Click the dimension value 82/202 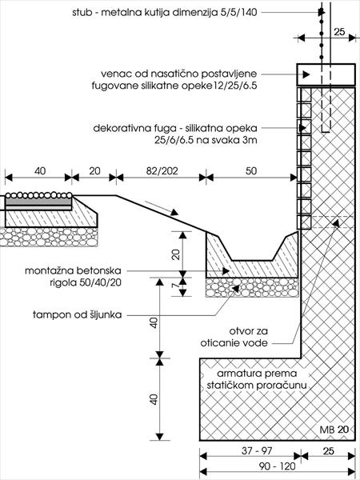(162, 171)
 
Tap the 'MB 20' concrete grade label (334, 430)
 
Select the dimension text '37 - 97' (257, 450)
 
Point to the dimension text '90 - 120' (278, 466)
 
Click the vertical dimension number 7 (175, 285)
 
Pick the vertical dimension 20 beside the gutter (175, 254)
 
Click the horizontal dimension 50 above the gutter (251, 171)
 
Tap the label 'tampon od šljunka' (77, 314)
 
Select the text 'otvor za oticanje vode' (234, 337)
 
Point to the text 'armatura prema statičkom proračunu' (257, 379)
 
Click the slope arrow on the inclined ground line (161, 208)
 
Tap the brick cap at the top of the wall (326, 74)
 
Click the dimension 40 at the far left (40, 171)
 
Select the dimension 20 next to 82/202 (94, 171)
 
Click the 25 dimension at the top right (339, 31)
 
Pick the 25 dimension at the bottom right (329, 450)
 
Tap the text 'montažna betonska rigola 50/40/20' (73, 277)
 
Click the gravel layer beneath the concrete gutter (252, 287)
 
